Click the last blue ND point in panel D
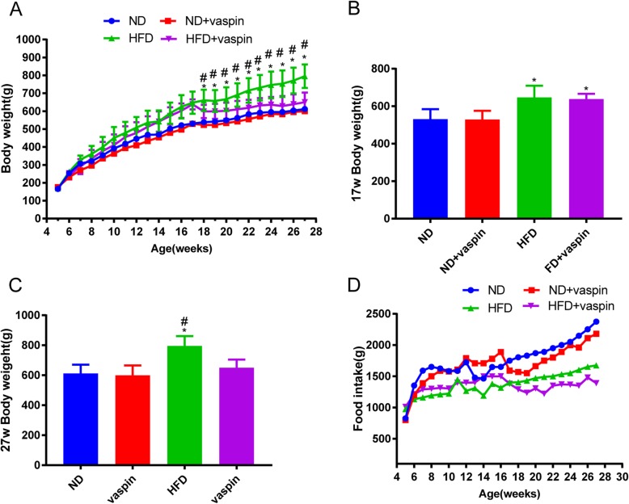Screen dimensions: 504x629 pyautogui.click(x=595, y=299)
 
